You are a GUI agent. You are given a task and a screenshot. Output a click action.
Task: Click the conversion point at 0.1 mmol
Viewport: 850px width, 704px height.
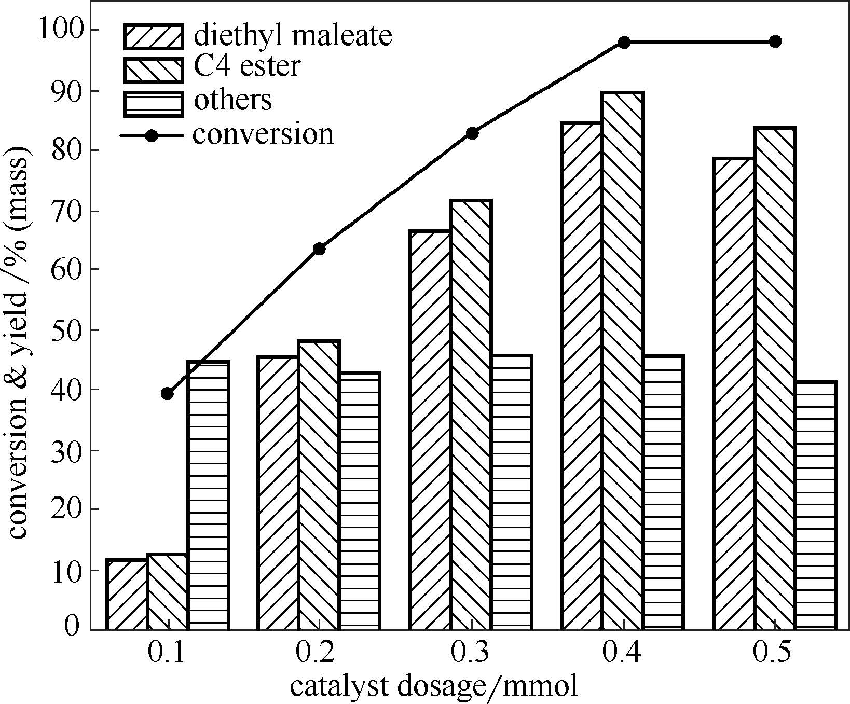pyautogui.click(x=167, y=394)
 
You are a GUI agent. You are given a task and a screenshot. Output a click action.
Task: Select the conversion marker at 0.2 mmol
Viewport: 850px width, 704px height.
pyautogui.click(x=319, y=249)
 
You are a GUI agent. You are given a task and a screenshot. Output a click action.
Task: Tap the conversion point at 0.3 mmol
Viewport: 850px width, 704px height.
pyautogui.click(x=472, y=133)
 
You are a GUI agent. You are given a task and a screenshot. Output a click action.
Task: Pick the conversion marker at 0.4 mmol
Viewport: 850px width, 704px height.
pyautogui.click(x=624, y=42)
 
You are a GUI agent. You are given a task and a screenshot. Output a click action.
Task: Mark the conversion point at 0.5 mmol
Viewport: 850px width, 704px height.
pyautogui.click(x=775, y=42)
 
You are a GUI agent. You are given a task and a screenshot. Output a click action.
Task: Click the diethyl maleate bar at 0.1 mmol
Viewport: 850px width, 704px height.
pyautogui.click(x=127, y=595)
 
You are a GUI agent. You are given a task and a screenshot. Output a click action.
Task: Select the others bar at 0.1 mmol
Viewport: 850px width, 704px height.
pyautogui.click(x=208, y=495)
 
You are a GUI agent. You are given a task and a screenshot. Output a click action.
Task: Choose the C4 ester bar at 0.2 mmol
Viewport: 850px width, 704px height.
pyautogui.click(x=319, y=485)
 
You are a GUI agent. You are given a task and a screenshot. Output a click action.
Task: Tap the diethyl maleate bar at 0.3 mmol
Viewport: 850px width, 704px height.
pyautogui.click(x=430, y=430)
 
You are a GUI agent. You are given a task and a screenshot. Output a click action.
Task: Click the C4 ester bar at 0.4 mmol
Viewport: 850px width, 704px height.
pyautogui.click(x=623, y=361)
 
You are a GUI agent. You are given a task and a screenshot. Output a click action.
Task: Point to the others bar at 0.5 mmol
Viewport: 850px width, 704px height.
pyautogui.click(x=815, y=506)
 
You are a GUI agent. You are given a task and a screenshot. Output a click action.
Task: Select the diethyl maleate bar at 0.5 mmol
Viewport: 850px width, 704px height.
pyautogui.click(x=734, y=394)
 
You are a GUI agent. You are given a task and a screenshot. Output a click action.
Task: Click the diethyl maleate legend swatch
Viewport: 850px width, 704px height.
pyautogui.click(x=153, y=36)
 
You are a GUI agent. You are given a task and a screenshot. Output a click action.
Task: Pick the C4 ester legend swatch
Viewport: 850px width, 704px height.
pyautogui.click(x=153, y=70)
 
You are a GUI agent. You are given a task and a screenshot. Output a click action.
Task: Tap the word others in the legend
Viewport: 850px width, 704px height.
pyautogui.click(x=232, y=100)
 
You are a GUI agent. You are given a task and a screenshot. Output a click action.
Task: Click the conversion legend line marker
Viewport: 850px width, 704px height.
pyautogui.click(x=152, y=136)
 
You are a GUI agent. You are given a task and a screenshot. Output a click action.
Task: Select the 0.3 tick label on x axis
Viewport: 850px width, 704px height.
pyautogui.click(x=470, y=653)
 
